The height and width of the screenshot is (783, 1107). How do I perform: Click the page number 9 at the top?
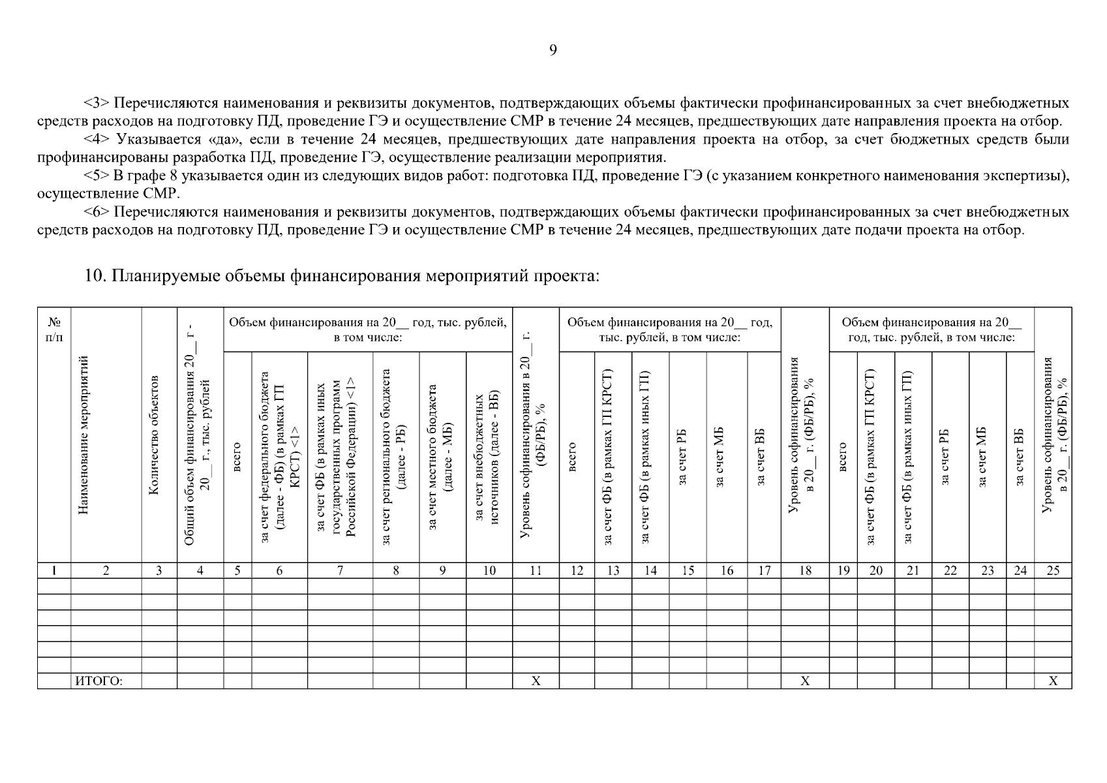point(553,51)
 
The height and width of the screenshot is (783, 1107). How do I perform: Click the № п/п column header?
point(54,330)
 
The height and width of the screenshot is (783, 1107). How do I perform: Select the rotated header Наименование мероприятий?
point(83,435)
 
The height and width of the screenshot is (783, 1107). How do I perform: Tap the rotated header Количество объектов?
point(154,435)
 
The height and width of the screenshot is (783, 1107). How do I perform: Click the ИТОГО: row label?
point(99,681)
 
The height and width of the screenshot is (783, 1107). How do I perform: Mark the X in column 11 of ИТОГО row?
point(536,681)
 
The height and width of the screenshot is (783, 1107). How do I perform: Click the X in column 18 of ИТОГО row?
point(805,681)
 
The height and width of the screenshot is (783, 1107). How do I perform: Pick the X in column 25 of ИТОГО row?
point(1052,681)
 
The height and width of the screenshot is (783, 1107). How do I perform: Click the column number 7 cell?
point(340,571)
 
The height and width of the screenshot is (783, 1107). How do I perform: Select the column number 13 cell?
point(613,571)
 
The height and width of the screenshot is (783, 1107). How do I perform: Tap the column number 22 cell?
point(950,571)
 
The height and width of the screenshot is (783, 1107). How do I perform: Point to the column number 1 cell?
point(54,571)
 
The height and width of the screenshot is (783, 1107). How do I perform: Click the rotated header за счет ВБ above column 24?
point(1020,457)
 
